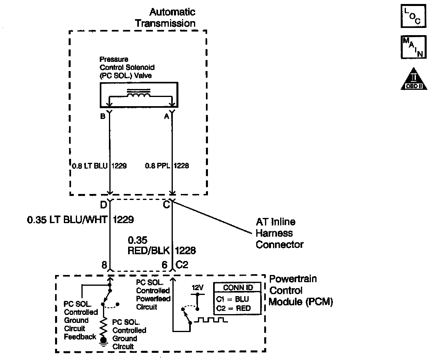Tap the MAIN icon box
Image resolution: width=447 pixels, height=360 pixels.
pos(413,47)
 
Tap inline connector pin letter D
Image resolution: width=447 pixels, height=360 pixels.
pos(103,205)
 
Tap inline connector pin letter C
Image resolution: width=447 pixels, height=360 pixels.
pos(167,205)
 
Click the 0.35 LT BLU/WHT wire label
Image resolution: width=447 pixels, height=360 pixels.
pos(80,219)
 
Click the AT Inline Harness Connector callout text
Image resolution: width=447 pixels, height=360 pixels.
pos(279,233)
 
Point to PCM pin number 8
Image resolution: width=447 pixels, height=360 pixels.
pos(104,264)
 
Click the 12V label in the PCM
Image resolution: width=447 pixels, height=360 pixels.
pos(196,287)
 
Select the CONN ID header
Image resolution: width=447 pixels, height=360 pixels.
pos(237,288)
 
